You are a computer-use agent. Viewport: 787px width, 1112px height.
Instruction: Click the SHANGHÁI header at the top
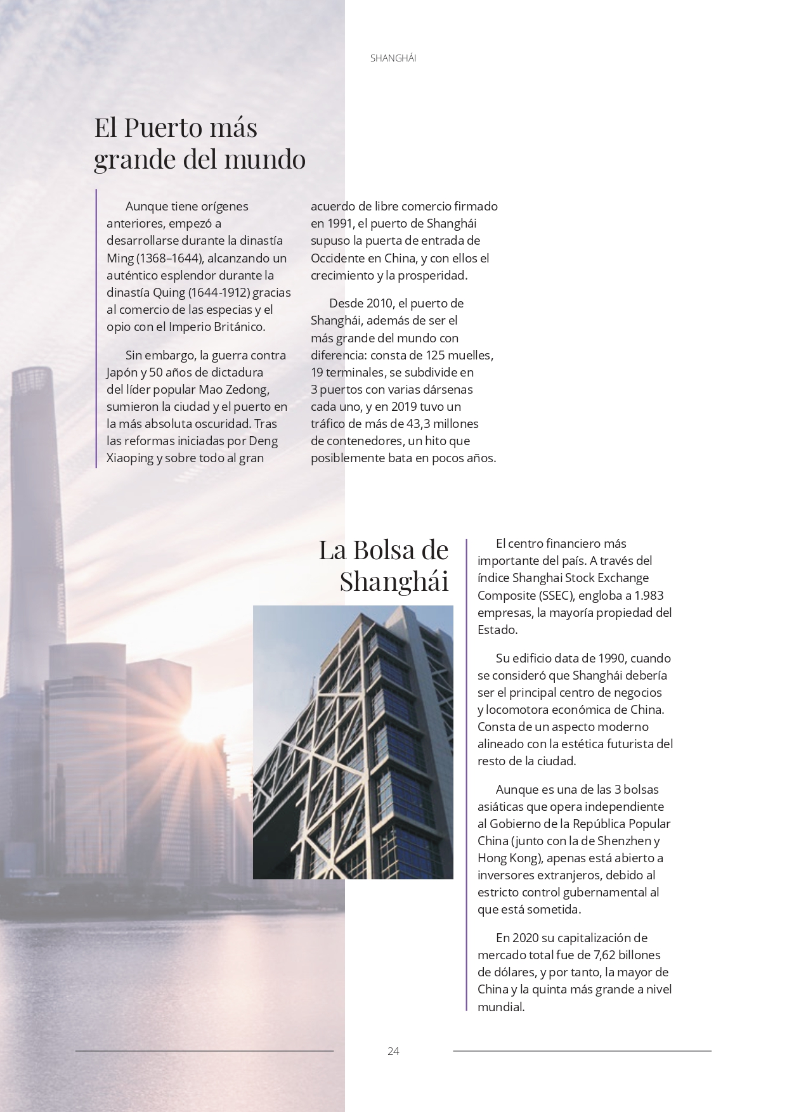click(393, 58)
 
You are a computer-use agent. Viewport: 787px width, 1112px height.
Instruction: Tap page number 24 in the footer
click(393, 1051)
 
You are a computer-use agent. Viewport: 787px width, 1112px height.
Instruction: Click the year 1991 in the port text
click(340, 223)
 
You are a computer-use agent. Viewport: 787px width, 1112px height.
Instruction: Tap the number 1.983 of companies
click(649, 595)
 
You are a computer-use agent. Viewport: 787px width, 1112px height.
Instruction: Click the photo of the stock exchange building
click(353, 742)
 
